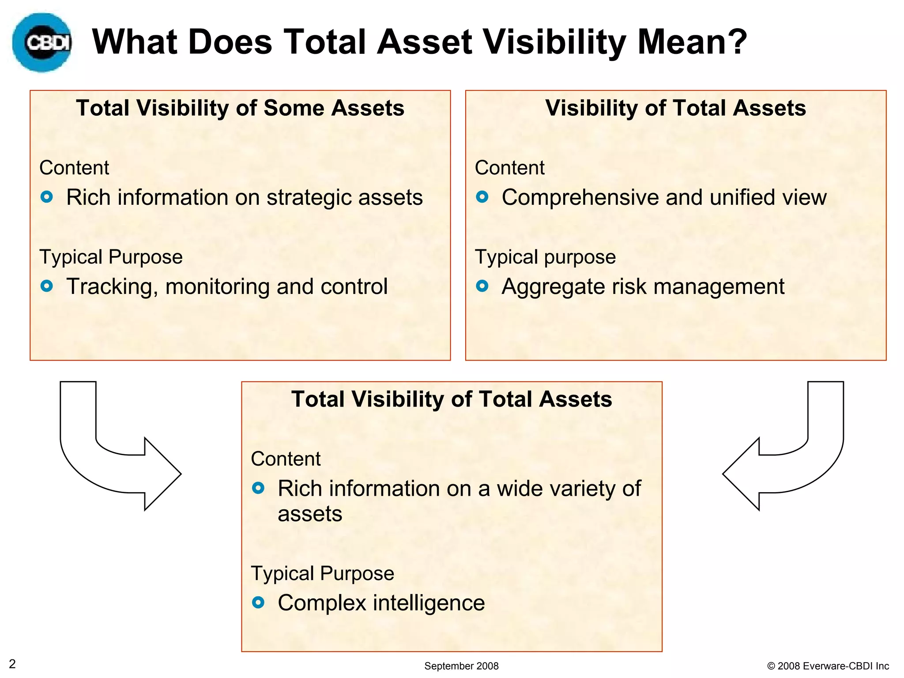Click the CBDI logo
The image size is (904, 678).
coord(42,42)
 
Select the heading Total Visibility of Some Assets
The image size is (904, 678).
coord(240,108)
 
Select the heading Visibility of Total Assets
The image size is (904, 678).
coord(675,108)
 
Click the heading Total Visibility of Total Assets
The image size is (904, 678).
coord(452,399)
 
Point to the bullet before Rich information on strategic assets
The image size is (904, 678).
coord(47,197)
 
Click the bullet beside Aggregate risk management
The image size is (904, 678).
coord(482,286)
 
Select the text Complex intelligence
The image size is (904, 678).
coord(381,603)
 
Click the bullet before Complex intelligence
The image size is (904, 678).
coord(258,603)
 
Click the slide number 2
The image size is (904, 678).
coord(12,664)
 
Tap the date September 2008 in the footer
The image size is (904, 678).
coord(461,666)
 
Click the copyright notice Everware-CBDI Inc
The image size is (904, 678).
coord(828,666)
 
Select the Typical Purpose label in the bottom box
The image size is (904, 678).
coord(322,573)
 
